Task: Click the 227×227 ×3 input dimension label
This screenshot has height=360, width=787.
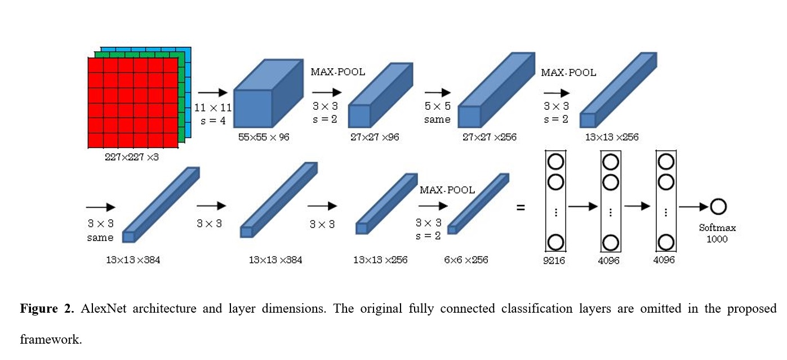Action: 132,157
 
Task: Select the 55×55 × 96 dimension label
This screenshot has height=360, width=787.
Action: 264,137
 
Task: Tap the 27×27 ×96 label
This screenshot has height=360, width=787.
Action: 375,137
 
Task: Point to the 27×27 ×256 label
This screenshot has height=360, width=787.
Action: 490,137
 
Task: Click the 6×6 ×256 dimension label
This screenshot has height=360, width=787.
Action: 466,260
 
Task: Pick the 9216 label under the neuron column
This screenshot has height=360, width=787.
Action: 554,261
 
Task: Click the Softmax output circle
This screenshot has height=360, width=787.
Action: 718,207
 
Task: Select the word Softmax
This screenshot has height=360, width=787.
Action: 717,228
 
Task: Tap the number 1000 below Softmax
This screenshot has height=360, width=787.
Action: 717,239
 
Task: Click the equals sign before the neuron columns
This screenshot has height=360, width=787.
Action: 521,207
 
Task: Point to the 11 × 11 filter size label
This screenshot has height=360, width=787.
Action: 213,108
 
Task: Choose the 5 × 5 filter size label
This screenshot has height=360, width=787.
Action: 437,106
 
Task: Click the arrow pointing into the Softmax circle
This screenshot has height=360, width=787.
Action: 693,207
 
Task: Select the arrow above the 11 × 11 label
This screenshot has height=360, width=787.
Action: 212,92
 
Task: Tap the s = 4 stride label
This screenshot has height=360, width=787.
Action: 213,121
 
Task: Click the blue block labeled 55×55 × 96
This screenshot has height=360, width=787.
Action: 268,94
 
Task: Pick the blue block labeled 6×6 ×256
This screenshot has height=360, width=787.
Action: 478,204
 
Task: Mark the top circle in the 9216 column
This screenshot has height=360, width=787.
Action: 555,162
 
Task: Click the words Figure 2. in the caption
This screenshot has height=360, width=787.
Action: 47,309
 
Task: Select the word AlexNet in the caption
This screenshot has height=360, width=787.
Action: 103,309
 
